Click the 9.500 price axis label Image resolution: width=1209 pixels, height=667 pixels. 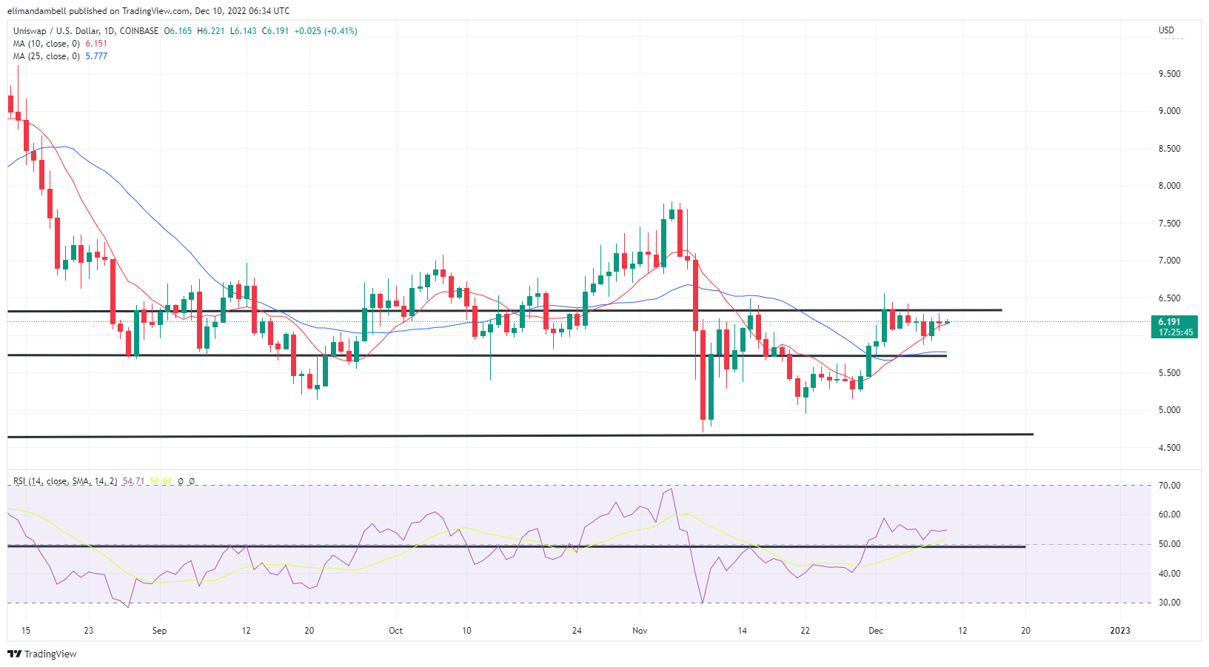pos(1169,74)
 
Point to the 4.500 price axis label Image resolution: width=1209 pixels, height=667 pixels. pos(1169,448)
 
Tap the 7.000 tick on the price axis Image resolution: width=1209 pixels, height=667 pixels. pos(1169,261)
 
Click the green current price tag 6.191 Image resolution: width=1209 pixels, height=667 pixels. pos(1170,322)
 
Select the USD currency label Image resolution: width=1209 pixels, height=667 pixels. pos(1166,30)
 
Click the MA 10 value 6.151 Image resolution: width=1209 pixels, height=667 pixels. pos(96,44)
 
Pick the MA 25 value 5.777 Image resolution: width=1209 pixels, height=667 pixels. pos(96,56)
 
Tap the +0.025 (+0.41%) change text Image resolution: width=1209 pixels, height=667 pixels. pos(326,31)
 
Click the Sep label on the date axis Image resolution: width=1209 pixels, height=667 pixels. pos(159,631)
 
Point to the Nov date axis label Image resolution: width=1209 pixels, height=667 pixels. pos(640,631)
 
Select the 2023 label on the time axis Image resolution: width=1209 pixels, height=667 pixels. pos(1120,631)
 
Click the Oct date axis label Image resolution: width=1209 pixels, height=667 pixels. pos(396,631)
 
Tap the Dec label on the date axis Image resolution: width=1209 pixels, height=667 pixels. pos(876,631)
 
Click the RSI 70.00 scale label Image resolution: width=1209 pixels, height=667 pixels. pos(1170,486)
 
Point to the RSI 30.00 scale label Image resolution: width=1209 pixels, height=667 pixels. pos(1170,603)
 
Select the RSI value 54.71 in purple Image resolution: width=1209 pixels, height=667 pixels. pos(133,481)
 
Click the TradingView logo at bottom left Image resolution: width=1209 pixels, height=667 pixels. pos(42,654)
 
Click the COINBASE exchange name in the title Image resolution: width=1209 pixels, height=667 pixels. pos(139,31)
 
